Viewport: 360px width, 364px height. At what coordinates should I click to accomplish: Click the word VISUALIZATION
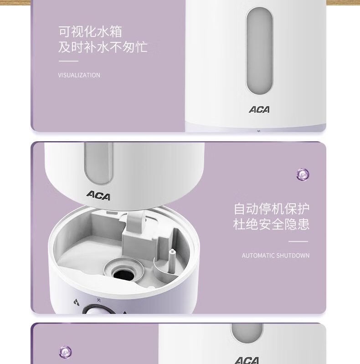(79, 75)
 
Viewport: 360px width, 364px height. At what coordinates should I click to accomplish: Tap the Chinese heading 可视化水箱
(90, 31)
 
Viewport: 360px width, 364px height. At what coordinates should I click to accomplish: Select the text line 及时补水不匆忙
(103, 47)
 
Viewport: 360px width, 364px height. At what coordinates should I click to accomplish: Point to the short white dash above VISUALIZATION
(68, 61)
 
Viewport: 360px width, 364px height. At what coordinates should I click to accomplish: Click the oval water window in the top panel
(259, 51)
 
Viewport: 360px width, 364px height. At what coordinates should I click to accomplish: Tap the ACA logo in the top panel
(259, 110)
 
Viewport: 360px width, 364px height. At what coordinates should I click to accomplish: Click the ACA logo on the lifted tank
(98, 195)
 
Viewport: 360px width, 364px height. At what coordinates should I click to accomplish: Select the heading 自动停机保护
(272, 209)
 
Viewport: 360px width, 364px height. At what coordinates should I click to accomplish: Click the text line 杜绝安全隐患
(271, 224)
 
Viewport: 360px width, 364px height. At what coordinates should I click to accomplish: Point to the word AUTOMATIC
(258, 256)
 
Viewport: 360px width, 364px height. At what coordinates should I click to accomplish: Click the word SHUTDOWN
(293, 256)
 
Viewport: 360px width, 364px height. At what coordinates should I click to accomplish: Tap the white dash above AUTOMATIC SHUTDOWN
(298, 241)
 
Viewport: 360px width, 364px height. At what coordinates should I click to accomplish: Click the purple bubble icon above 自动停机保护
(303, 174)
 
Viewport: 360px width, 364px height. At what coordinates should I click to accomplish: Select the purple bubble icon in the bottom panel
(65, 352)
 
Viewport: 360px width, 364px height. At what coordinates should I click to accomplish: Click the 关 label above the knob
(99, 300)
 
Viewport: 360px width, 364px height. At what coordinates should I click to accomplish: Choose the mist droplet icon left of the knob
(76, 302)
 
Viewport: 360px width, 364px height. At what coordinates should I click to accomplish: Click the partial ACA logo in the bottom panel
(247, 360)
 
